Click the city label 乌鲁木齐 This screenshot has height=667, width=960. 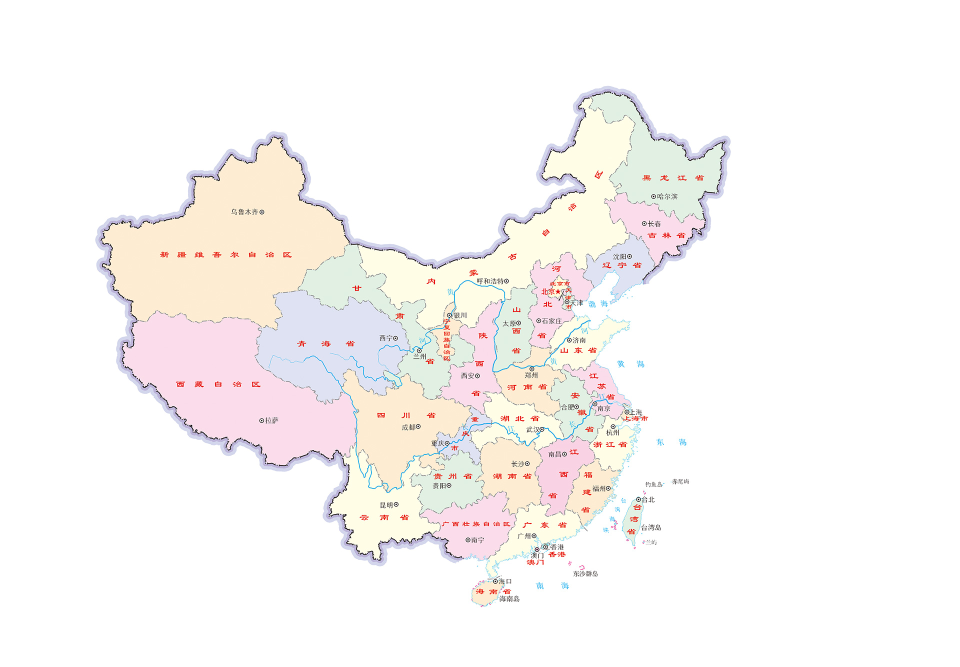point(244,212)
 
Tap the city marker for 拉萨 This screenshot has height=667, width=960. point(261,421)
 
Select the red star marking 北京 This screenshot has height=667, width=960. point(558,291)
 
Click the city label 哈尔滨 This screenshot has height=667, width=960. point(667,196)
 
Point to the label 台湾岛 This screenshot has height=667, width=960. point(651,527)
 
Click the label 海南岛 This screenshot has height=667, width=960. point(509,598)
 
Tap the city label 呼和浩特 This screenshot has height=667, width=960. point(489,281)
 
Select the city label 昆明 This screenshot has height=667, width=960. point(386,505)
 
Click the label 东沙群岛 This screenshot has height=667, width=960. point(585,573)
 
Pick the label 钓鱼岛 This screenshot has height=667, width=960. point(653,484)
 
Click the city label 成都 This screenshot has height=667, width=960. point(408,427)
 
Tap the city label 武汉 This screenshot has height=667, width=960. point(532,429)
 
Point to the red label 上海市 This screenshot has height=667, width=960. point(635,419)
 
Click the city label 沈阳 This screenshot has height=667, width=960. point(619,256)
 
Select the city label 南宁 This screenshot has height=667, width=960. point(477,540)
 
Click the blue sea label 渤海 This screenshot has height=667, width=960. point(598,304)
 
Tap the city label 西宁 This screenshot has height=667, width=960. point(385,338)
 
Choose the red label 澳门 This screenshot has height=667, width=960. point(535,562)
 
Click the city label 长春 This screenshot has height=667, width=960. point(654,224)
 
